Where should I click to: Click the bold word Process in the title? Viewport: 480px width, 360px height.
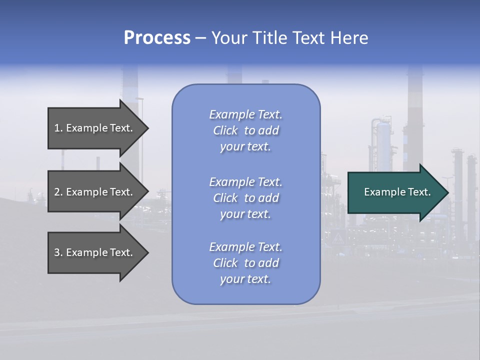coord(157,38)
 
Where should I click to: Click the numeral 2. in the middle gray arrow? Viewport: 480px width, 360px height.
coord(58,192)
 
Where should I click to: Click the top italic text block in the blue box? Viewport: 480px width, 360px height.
coord(245,130)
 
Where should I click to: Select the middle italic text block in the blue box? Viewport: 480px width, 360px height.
coord(245,198)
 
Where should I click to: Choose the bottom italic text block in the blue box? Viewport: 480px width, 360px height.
coord(245,263)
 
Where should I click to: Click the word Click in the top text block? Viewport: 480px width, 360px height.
coord(225,130)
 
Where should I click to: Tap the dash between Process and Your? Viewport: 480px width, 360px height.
coord(201,38)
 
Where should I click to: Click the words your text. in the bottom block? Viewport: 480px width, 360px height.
coord(245,279)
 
